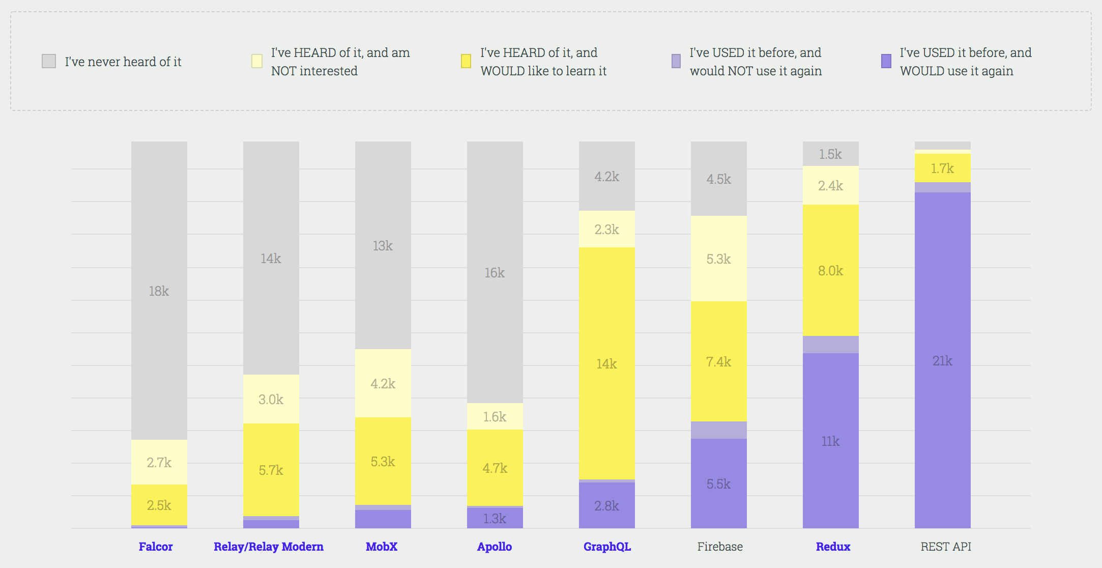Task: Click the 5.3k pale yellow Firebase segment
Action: pyautogui.click(x=718, y=259)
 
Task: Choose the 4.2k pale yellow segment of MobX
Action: pyautogui.click(x=383, y=383)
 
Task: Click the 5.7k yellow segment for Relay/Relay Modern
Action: pyautogui.click(x=271, y=470)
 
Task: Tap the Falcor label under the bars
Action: pyautogui.click(x=156, y=547)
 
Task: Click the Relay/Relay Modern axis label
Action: pyautogui.click(x=269, y=547)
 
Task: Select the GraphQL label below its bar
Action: pyautogui.click(x=607, y=547)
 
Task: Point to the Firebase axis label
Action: pyautogui.click(x=720, y=547)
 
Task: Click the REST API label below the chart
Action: pyautogui.click(x=946, y=547)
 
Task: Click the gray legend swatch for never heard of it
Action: pyautogui.click(x=49, y=62)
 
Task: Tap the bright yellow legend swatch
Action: pyautogui.click(x=466, y=62)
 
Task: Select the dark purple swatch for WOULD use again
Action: pyautogui.click(x=886, y=62)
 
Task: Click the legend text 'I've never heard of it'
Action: pyautogui.click(x=123, y=62)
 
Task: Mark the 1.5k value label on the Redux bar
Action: pyautogui.click(x=830, y=154)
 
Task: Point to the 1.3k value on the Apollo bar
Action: pyautogui.click(x=495, y=519)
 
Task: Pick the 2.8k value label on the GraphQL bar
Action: pyautogui.click(x=606, y=506)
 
